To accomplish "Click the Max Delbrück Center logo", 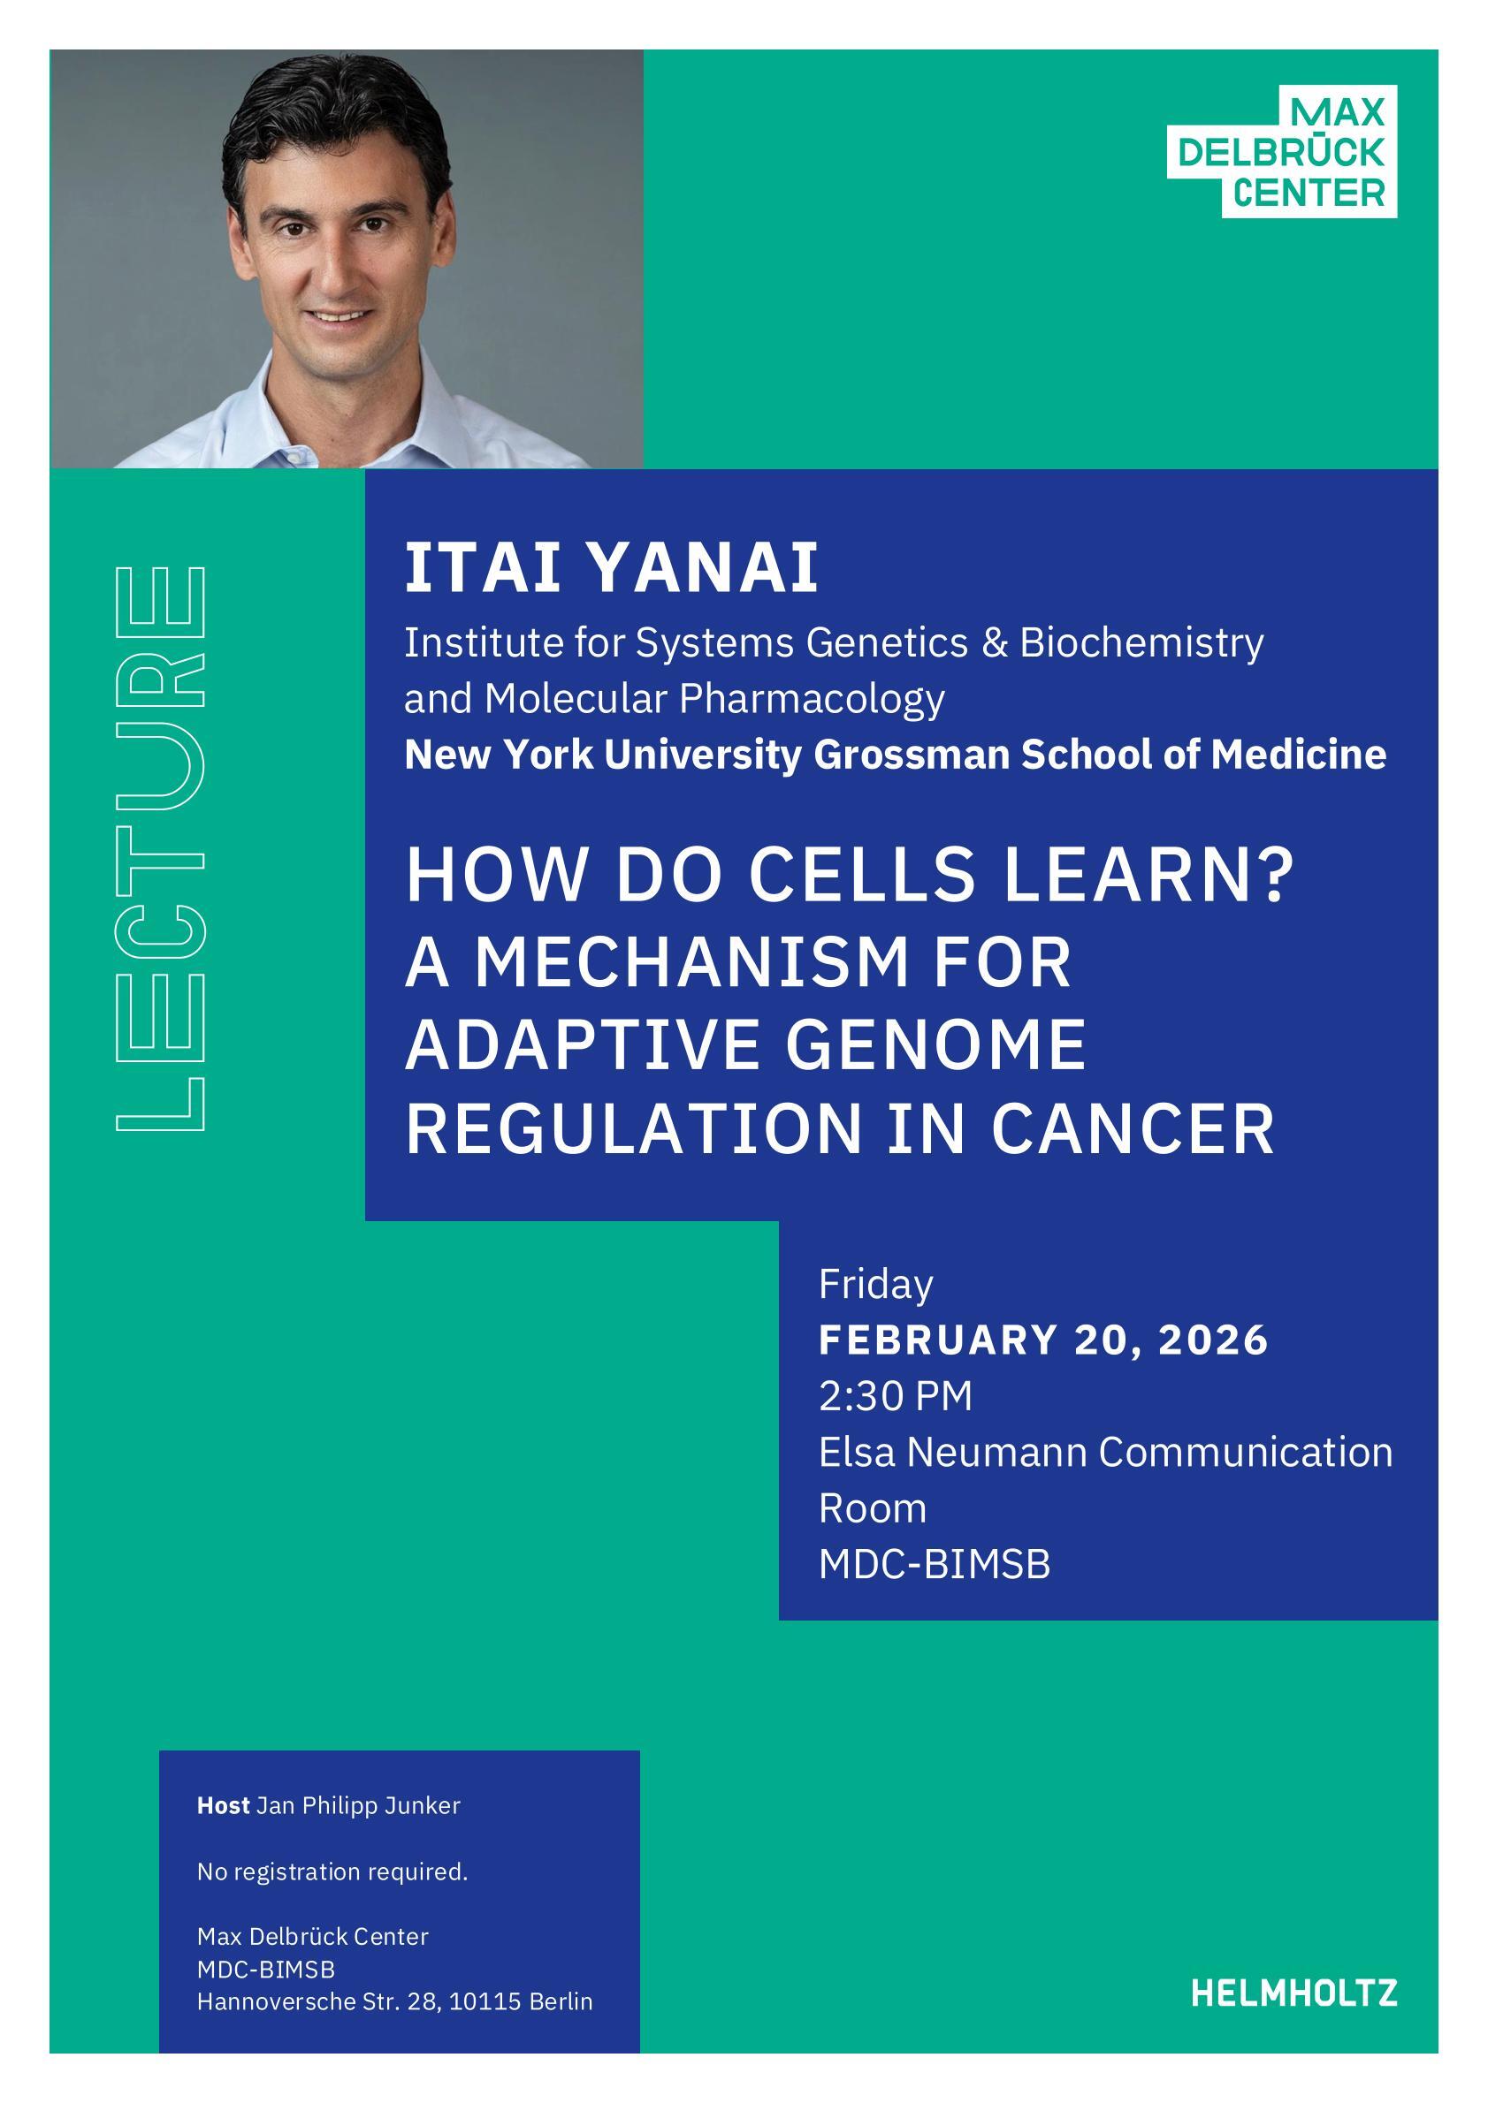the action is pyautogui.click(x=1282, y=151).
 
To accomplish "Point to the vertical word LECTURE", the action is pyautogui.click(x=159, y=848).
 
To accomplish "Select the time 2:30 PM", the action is pyautogui.click(x=895, y=1396).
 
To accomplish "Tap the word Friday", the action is pyautogui.click(x=876, y=1285).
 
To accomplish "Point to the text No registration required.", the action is pyautogui.click(x=332, y=1872).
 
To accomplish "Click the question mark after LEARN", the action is pyautogui.click(x=1278, y=874).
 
